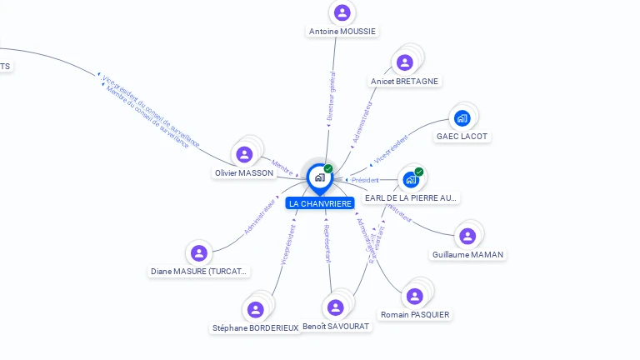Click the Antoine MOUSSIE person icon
coord(342,12)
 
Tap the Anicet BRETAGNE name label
coord(405,82)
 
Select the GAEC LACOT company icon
coord(462,117)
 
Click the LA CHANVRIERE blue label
coord(320,203)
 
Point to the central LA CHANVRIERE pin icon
coord(319,177)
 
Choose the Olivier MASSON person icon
coord(244,155)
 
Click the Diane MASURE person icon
coord(198,253)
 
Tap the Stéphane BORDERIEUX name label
coord(255,328)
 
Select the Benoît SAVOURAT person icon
coord(336,307)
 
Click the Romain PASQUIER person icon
coord(414,297)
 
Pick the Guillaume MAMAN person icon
coord(467,237)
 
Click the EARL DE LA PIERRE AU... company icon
coord(411,179)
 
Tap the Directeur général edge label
coord(331,98)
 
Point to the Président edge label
coord(365,180)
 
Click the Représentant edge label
coord(327,242)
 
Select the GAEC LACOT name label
coord(462,137)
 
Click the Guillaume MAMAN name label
coord(467,255)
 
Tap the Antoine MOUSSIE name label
coord(342,32)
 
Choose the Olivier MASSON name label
coord(244,173)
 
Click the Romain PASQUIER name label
coord(415,315)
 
